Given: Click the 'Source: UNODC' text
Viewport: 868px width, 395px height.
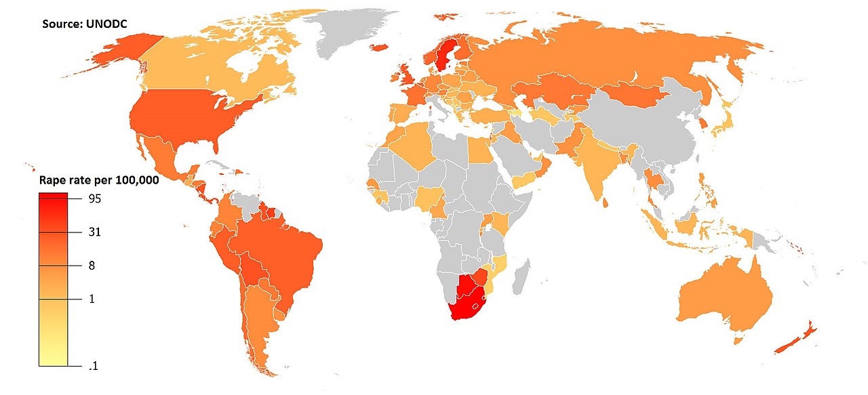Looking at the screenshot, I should click(85, 24).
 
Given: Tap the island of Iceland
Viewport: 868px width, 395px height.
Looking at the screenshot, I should click(380, 48).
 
